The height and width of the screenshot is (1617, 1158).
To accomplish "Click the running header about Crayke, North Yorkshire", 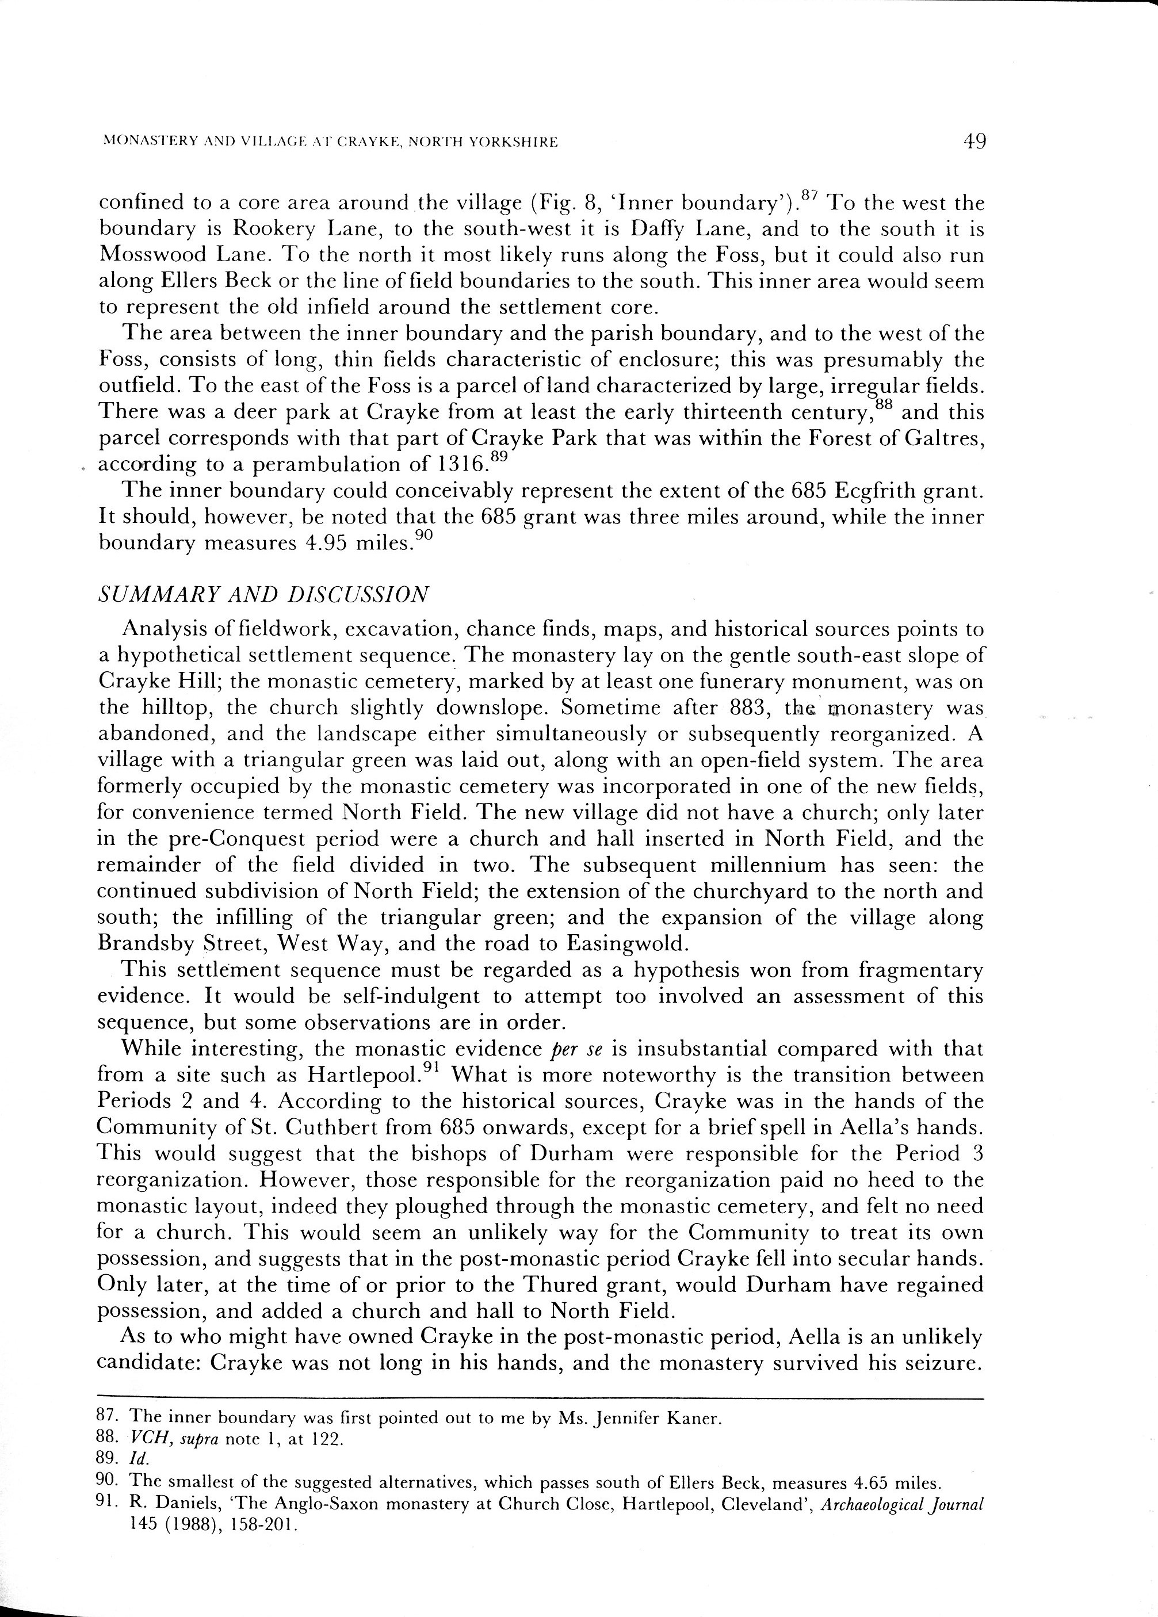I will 330,143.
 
